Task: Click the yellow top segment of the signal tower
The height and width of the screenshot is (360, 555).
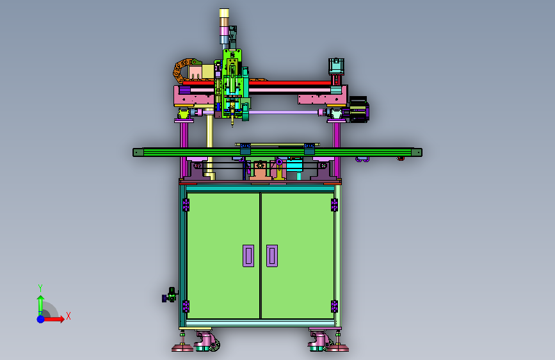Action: pos(224,13)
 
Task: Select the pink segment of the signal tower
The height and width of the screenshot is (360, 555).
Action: pos(224,31)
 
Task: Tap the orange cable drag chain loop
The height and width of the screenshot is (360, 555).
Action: pos(181,71)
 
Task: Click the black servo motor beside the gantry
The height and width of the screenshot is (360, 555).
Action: pos(359,110)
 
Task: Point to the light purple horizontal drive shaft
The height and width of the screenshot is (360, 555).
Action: pos(284,112)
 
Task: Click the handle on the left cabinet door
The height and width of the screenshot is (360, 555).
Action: pos(248,256)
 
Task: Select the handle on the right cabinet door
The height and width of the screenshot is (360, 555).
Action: pos(272,256)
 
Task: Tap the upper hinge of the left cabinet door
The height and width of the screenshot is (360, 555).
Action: pos(186,205)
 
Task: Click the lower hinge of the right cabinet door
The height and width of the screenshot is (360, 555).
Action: pos(334,306)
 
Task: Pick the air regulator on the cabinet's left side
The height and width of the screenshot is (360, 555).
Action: pos(170,295)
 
